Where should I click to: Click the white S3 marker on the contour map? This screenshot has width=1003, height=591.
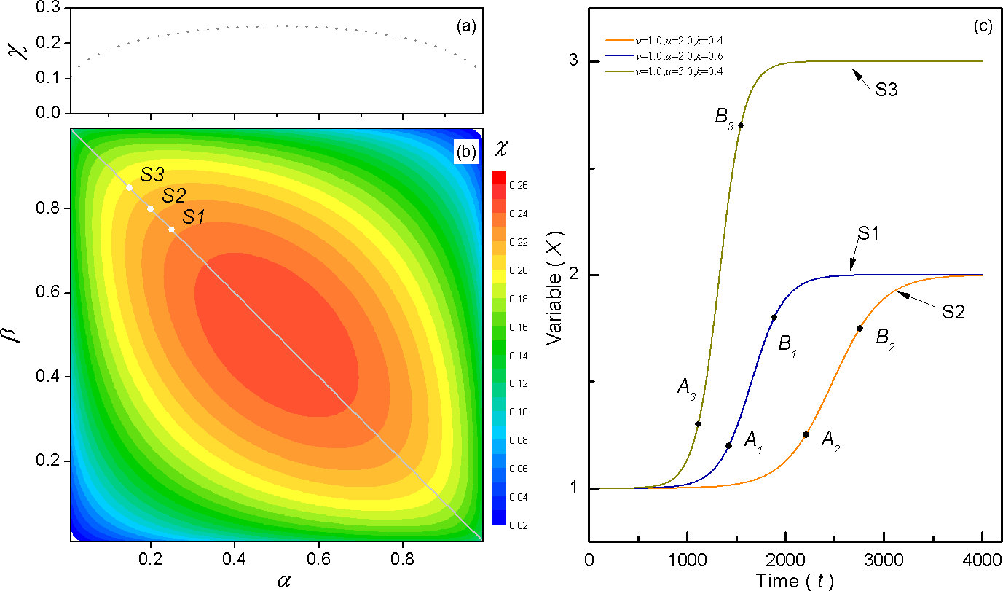(x=129, y=187)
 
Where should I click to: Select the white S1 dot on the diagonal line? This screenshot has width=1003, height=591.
(x=171, y=230)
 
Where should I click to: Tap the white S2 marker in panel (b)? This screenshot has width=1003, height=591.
(x=150, y=208)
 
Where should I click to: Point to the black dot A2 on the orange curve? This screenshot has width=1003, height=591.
(x=806, y=435)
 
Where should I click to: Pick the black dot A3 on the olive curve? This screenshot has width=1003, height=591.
(x=698, y=424)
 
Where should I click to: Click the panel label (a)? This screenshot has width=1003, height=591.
(x=466, y=27)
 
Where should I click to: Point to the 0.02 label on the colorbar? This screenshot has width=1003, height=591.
(x=522, y=524)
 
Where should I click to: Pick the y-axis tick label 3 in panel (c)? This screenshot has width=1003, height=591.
(x=574, y=61)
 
